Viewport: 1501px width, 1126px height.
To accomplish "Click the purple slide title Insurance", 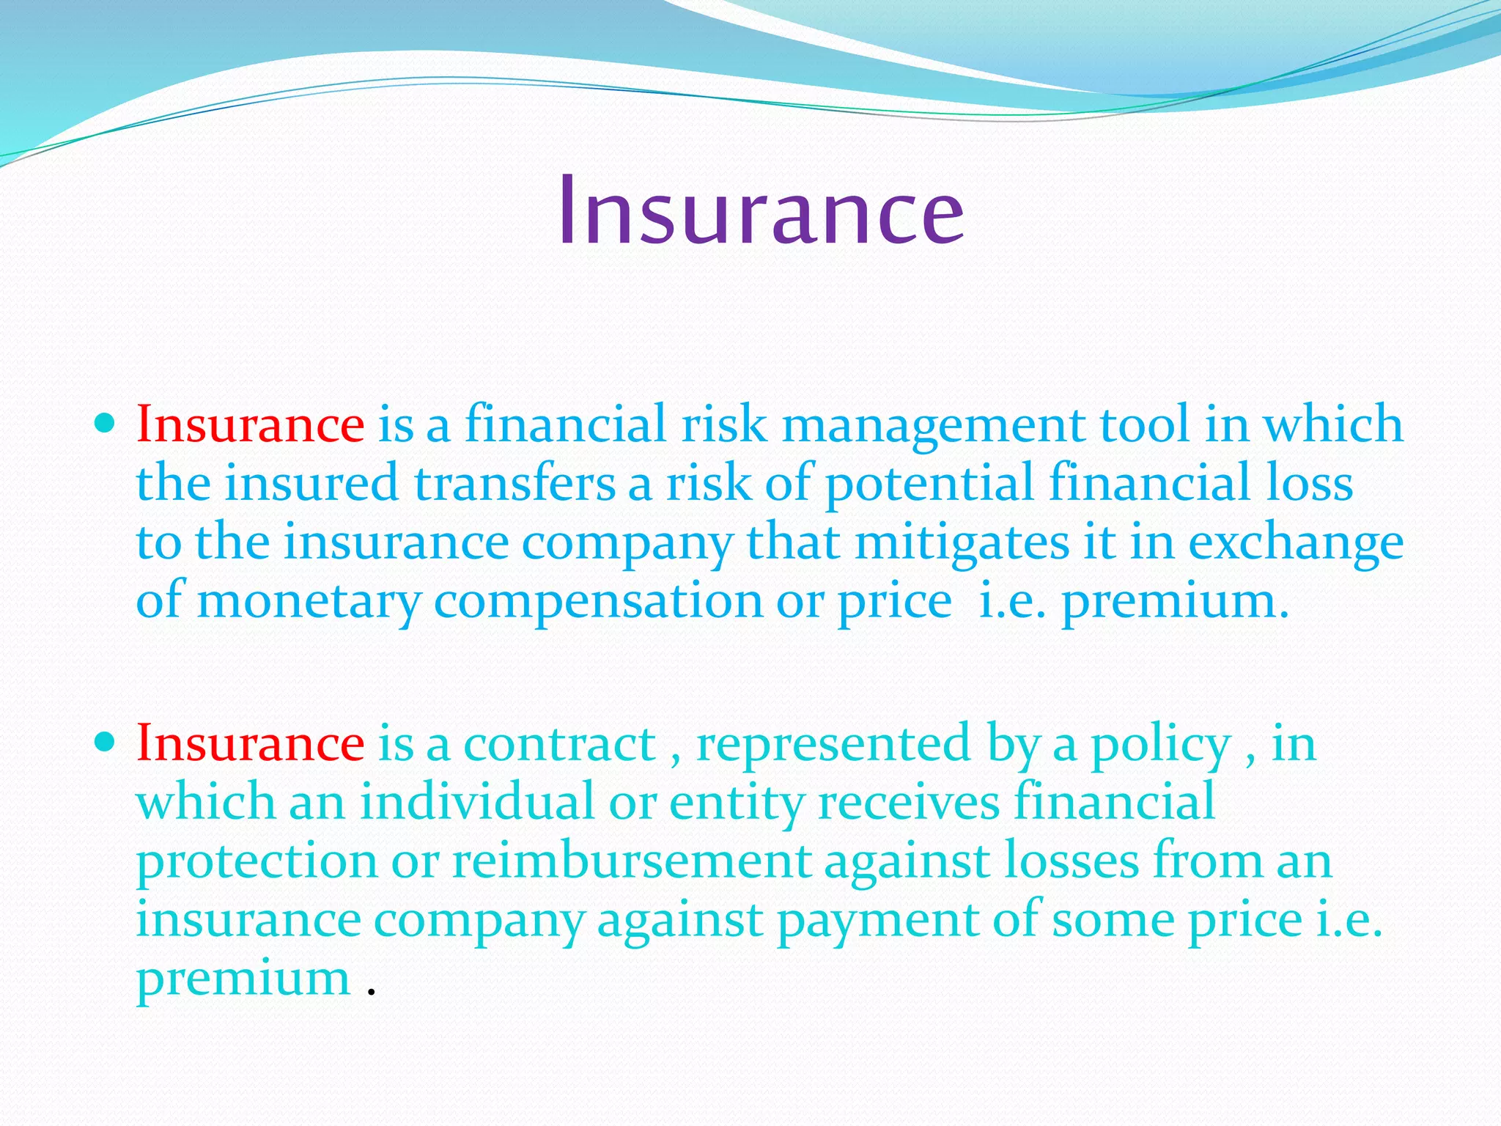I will [x=760, y=211].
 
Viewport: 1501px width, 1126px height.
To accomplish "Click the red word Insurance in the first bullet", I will [x=250, y=424].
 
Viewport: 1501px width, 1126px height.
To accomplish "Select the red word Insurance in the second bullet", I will [x=250, y=743].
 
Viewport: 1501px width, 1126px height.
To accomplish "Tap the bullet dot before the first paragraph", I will [x=106, y=423].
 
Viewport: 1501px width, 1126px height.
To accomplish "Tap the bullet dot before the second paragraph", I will [x=106, y=741].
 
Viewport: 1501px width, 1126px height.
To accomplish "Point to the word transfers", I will [x=515, y=484].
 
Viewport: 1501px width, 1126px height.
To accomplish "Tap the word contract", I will [x=560, y=744].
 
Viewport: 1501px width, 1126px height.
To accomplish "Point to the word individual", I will [x=476, y=801].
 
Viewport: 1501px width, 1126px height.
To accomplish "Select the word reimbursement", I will [x=631, y=861].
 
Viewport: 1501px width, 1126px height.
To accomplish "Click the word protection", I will [x=257, y=862].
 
